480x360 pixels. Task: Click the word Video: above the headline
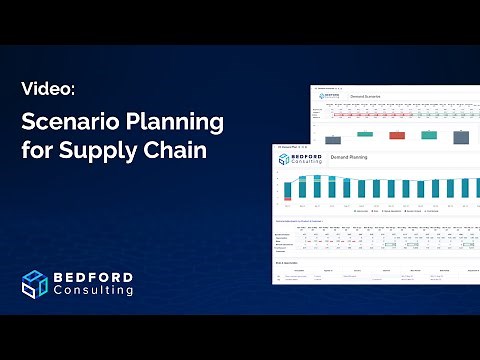point(48,89)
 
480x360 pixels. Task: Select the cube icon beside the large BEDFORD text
point(36,283)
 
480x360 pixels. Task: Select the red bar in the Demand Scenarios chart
point(397,134)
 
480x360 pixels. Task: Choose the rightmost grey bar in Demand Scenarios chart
point(460,136)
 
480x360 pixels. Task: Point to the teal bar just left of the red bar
point(366,132)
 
